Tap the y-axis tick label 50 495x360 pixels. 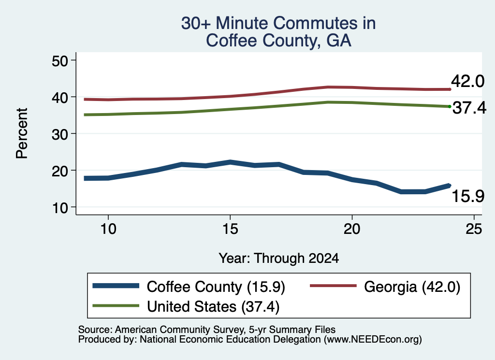[x=60, y=61]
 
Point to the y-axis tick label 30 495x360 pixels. [x=60, y=134]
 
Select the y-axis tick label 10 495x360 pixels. [x=60, y=208]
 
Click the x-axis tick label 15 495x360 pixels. [x=230, y=229]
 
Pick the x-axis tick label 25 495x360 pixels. [x=474, y=229]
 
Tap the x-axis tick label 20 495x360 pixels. [x=352, y=229]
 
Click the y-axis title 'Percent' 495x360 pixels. [x=22, y=133]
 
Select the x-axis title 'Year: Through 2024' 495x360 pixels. [x=279, y=258]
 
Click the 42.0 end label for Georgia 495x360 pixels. [x=467, y=81]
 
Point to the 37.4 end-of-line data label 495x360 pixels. [x=469, y=108]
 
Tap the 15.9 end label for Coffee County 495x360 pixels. [x=468, y=196]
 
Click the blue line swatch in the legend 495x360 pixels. [x=116, y=286]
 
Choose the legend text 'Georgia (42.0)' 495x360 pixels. [x=412, y=287]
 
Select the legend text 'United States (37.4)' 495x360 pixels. [x=213, y=307]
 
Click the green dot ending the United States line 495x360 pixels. [x=450, y=107]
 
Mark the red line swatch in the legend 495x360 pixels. [x=334, y=286]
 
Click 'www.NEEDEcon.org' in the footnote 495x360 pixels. [x=373, y=340]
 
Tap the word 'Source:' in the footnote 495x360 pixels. [x=95, y=330]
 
